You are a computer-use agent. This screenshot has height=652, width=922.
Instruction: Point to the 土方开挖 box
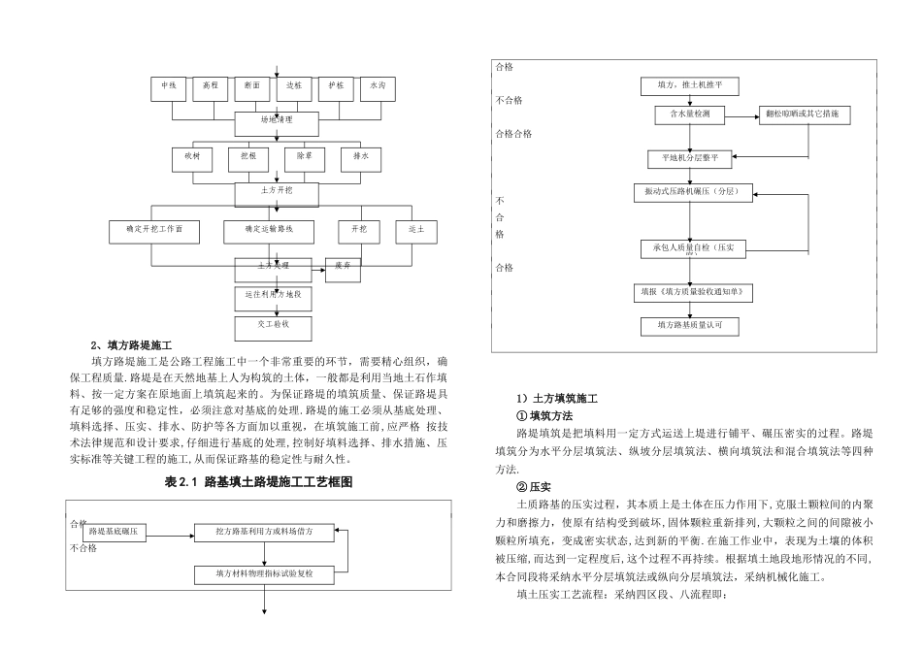pos(277,193)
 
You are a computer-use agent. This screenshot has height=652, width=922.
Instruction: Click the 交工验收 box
pos(274,323)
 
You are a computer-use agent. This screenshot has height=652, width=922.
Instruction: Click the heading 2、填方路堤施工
pos(131,345)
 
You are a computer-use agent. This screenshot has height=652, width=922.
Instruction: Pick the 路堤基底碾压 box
pos(118,532)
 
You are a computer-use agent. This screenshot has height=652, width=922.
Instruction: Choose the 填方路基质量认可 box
pos(689,326)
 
